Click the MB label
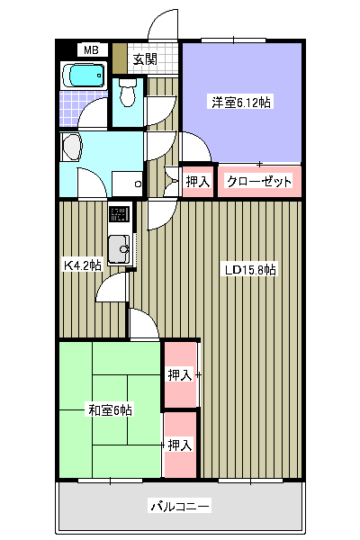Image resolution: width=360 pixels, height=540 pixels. click(x=91, y=50)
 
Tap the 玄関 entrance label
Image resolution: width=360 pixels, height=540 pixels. click(x=145, y=59)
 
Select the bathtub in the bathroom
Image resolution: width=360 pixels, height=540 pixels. click(x=84, y=76)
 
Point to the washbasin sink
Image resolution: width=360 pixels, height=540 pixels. click(x=72, y=147)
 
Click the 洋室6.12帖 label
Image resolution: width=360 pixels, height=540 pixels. click(x=241, y=103)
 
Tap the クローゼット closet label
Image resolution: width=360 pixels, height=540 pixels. click(x=259, y=182)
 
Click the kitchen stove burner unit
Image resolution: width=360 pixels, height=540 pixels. click(x=119, y=214)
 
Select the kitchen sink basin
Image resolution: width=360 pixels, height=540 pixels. click(x=119, y=249)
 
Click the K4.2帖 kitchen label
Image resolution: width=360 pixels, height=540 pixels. click(x=83, y=265)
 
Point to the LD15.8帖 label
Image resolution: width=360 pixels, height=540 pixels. click(x=250, y=270)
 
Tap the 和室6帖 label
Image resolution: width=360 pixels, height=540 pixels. click(x=110, y=410)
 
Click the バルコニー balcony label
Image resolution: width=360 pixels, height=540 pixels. click(x=180, y=506)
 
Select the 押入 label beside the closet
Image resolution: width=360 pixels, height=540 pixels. click(x=198, y=182)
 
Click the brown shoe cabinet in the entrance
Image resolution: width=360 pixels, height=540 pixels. click(x=120, y=58)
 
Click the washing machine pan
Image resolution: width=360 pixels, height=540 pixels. click(x=127, y=184)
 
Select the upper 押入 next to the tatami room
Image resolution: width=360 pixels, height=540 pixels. click(x=180, y=374)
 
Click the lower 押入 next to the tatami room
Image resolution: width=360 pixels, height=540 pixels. click(x=180, y=445)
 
